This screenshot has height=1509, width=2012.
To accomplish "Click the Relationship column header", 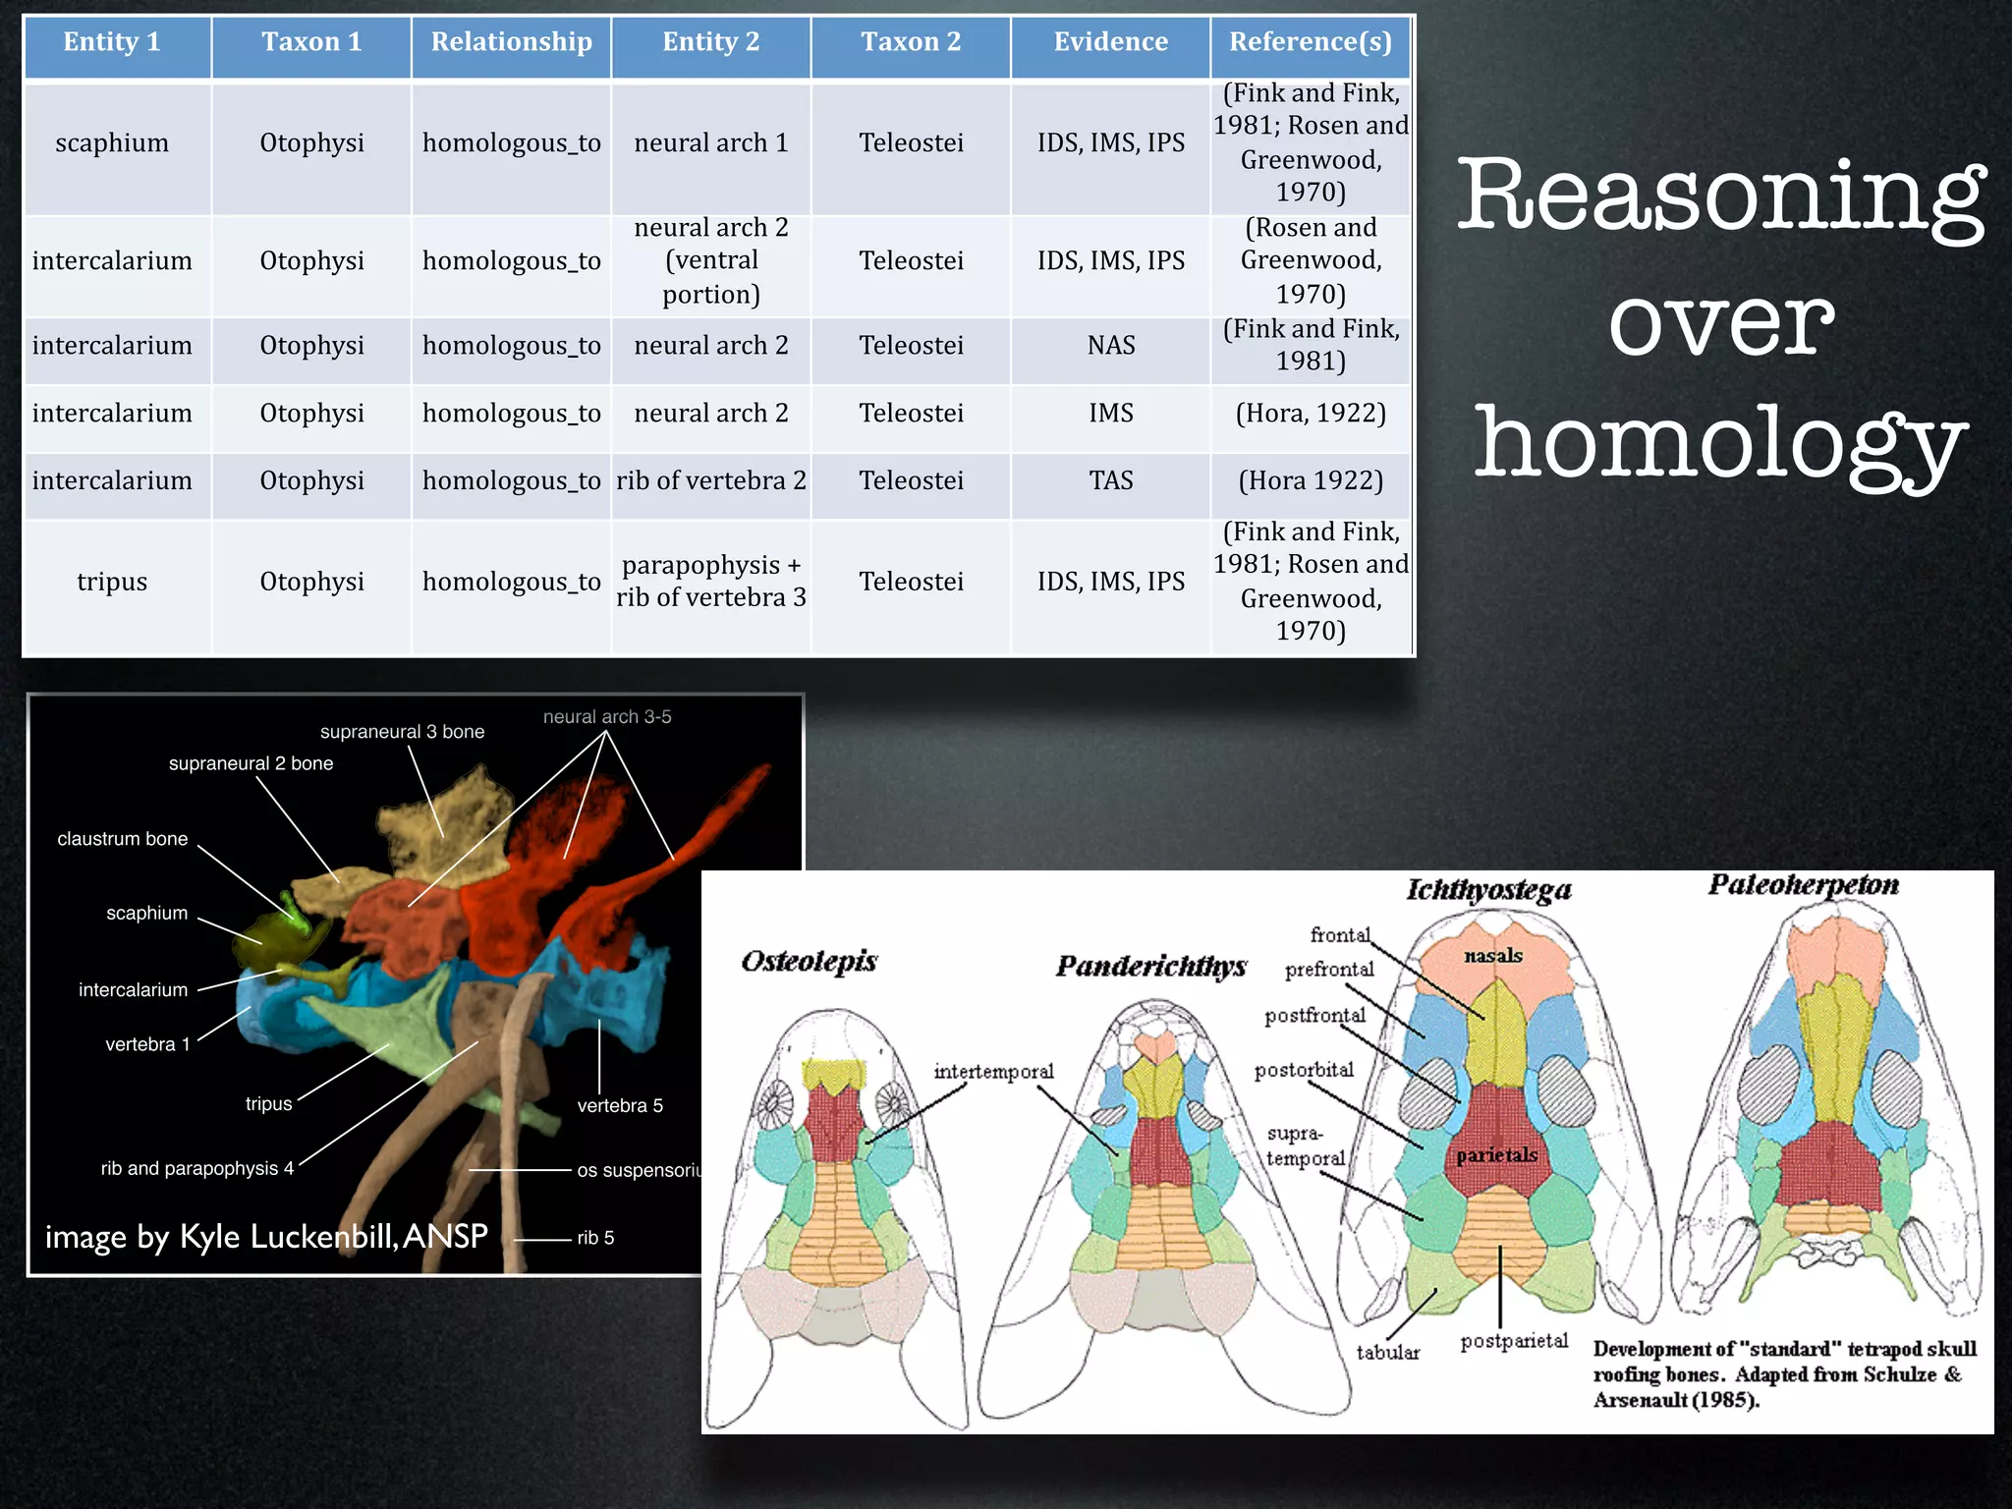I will pos(511,42).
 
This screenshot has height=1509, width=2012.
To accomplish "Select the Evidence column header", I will pos(1110,42).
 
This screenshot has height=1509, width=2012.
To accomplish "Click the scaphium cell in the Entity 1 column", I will pos(112,143).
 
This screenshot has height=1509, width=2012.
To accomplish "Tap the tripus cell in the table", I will pos(112,582).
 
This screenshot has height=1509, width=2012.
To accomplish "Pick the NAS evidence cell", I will pos(1110,346).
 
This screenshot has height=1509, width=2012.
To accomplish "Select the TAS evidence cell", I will pos(1110,480).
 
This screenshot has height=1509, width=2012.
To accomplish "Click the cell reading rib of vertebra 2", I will pos(711,480).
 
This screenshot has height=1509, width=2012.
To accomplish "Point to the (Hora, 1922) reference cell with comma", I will pos(1311,414).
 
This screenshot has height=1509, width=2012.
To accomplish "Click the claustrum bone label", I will pos(122,839).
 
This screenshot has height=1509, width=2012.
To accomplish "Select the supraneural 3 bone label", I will pos(402,732).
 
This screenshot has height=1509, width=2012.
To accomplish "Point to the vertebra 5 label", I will pos(620,1106).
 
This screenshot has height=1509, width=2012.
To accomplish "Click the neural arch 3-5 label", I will pos(607,717).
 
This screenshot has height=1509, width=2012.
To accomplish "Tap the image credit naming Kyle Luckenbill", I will pos(266,1237).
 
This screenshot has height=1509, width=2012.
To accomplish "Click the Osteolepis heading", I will pos(809,961).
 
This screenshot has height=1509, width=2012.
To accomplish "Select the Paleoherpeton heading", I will pos(1803,885).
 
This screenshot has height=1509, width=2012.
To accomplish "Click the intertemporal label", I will pos(993,1072).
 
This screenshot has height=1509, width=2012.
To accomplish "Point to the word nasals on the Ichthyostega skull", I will pos(1492,956).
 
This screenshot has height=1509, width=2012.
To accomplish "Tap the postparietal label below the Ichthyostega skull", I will pos(1514,1341).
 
